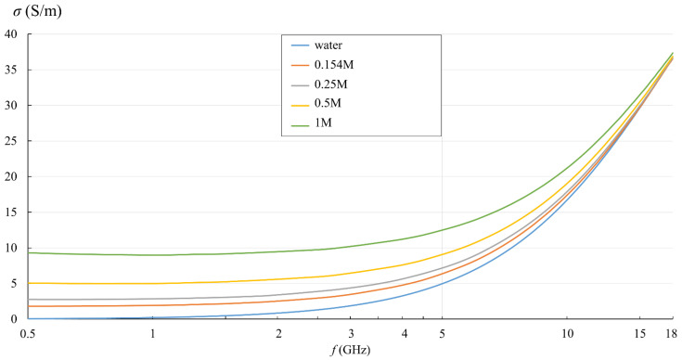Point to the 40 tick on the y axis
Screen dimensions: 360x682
(x=12, y=34)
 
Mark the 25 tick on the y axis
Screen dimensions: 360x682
(x=12, y=141)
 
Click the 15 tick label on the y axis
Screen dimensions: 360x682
(x=12, y=212)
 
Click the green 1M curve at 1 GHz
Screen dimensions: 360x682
(x=153, y=254)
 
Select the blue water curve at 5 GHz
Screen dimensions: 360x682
(x=442, y=283)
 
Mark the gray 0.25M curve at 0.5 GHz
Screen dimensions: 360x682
(x=30, y=299)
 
